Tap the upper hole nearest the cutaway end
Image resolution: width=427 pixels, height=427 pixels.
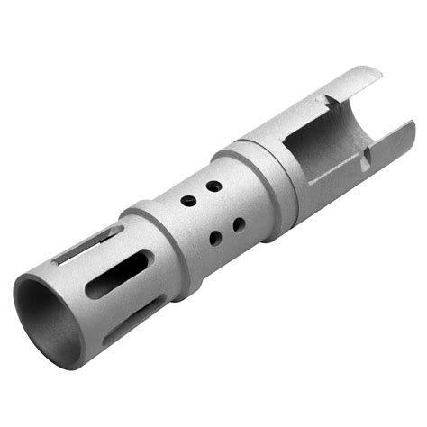coord(213,185)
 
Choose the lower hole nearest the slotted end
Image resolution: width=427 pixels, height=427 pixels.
coord(216,238)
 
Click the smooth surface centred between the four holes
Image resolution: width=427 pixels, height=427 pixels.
coord(214,212)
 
